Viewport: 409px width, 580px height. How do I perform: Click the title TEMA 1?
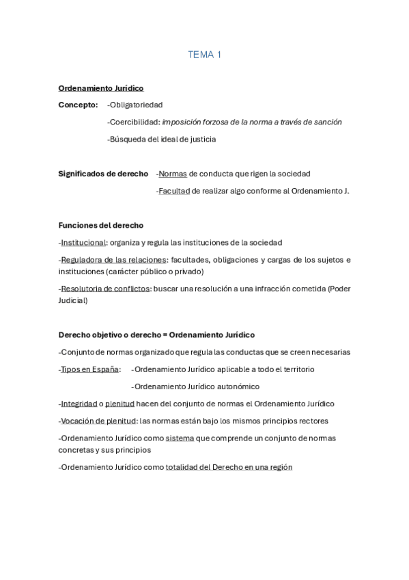[x=205, y=55]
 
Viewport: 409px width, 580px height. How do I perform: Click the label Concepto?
[x=79, y=105]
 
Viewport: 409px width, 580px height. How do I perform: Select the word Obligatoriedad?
[x=137, y=105]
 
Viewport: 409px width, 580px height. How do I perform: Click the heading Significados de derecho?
[x=103, y=174]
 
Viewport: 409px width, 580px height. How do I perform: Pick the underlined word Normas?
[x=173, y=174]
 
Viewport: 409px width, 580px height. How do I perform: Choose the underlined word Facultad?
[x=174, y=191]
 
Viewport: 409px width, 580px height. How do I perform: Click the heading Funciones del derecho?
[x=101, y=225]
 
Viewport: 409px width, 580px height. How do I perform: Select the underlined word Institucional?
[x=83, y=242]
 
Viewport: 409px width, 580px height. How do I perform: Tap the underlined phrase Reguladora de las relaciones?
[x=113, y=259]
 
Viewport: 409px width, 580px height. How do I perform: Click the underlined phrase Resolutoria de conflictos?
[x=105, y=289]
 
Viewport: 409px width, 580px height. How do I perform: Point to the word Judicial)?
[x=73, y=300]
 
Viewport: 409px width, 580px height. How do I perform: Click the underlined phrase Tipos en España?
[x=89, y=369]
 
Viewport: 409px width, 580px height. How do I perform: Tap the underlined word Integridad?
[x=79, y=404]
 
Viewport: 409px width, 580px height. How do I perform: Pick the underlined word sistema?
[x=180, y=438]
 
